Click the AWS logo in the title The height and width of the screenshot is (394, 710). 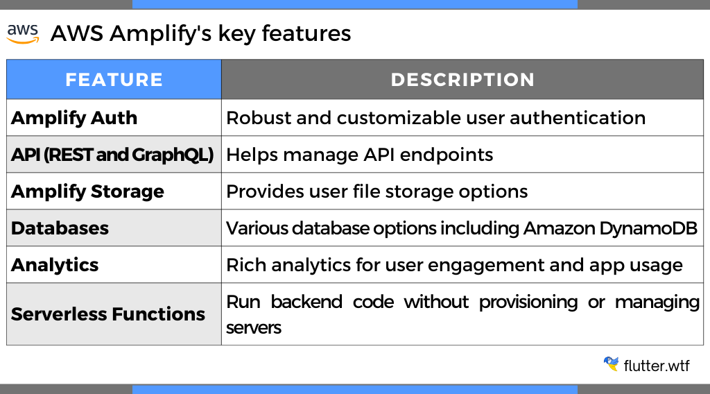click(23, 34)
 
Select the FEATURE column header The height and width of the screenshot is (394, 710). click(114, 80)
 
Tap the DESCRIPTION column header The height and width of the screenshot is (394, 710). click(462, 80)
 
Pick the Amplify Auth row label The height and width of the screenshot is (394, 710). click(74, 118)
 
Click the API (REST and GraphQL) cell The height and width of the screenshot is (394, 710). click(112, 155)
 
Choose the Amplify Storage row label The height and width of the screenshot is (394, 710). click(87, 191)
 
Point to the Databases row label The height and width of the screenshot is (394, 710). click(60, 228)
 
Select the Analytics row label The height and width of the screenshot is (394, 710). click(55, 265)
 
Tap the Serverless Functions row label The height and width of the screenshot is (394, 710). click(108, 314)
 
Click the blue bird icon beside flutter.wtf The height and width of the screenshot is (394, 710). click(611, 364)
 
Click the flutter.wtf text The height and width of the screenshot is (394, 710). click(657, 365)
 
